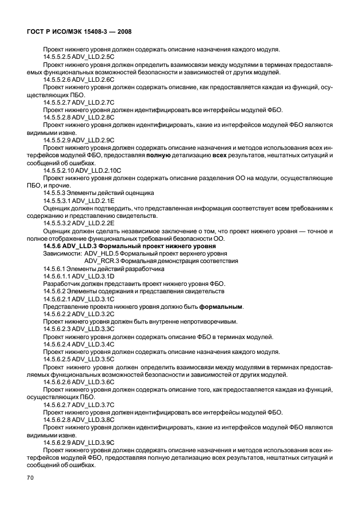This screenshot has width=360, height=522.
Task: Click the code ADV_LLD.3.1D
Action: (91, 276)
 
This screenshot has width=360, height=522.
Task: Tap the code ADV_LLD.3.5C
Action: (91, 359)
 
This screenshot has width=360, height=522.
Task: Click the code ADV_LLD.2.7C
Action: (91, 102)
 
